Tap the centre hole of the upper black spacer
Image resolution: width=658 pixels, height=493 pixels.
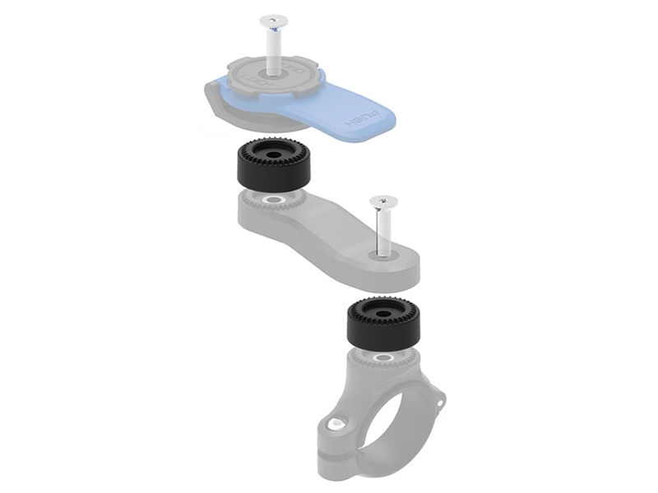(x=273, y=152)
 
